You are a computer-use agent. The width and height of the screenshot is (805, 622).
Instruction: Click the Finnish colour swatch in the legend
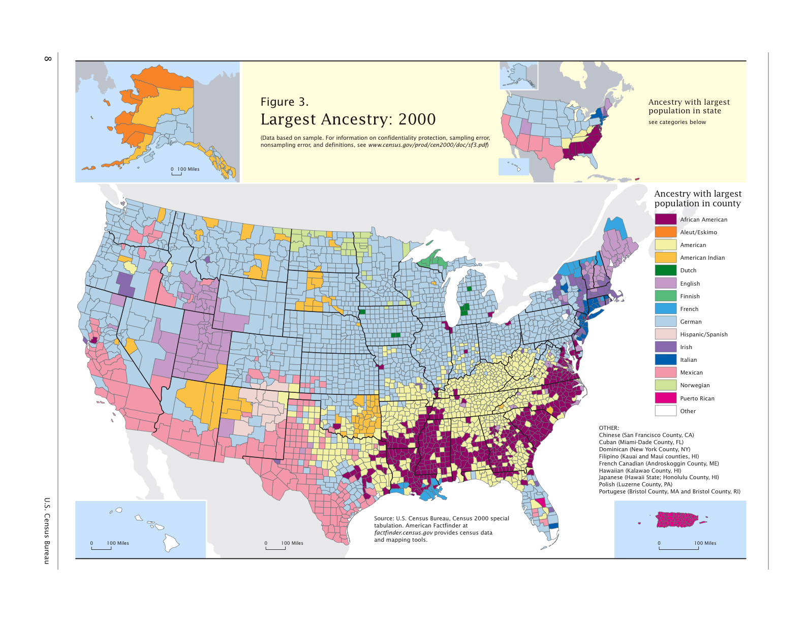[665, 296]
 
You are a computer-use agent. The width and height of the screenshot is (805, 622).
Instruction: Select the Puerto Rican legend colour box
[665, 398]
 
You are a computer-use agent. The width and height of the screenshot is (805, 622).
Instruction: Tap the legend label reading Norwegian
[695, 385]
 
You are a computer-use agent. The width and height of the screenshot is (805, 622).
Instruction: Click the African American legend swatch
[665, 219]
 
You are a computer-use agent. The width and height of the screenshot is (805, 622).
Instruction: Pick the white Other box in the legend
[665, 411]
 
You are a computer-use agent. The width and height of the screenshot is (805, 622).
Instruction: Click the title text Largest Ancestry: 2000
[348, 119]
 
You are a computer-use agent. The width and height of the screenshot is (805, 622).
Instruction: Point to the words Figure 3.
[284, 102]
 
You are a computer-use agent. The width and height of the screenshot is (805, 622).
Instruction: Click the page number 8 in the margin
[48, 59]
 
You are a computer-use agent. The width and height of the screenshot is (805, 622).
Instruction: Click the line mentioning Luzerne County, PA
[635, 484]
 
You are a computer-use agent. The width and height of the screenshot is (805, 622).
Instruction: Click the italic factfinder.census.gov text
[404, 533]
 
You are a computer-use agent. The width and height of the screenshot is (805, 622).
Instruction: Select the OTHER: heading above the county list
[608, 428]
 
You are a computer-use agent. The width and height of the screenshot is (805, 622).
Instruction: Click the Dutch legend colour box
[665, 270]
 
